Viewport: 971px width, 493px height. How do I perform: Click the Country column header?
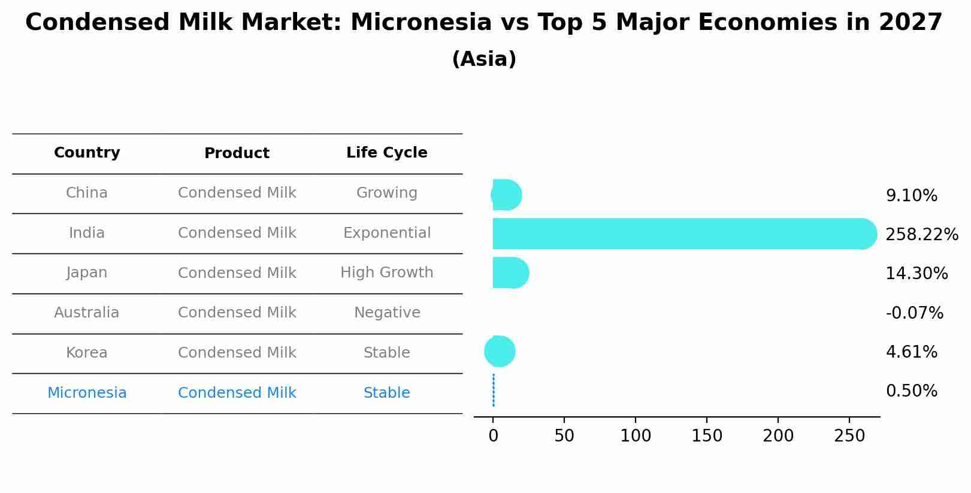coord(87,153)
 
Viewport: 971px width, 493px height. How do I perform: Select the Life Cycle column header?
coord(387,153)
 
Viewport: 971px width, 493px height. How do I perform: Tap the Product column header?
coord(237,153)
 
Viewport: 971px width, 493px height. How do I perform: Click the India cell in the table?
coord(87,233)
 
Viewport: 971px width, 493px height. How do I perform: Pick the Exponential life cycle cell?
coord(387,233)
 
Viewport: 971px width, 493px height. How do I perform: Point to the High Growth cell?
coord(387,273)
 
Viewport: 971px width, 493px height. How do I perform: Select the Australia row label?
coord(87,312)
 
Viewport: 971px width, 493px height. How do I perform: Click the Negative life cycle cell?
coord(387,312)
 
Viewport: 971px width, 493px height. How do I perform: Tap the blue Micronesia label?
coord(87,392)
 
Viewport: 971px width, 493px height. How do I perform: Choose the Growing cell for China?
coord(387,192)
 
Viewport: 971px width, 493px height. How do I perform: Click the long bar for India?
coord(685,234)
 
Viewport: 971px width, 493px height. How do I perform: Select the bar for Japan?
coord(510,273)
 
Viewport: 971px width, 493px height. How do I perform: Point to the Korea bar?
coord(500,351)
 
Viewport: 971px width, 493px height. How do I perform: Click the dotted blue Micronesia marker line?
coord(494,390)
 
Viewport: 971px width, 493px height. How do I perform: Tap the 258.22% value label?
coord(922,235)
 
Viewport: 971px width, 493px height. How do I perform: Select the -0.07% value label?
coord(914,313)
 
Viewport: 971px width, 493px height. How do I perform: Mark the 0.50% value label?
coord(911,391)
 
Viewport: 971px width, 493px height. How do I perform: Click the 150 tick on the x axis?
coord(707,435)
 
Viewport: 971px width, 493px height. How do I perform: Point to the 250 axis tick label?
coord(849,435)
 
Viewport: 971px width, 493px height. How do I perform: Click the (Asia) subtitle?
coord(484,59)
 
